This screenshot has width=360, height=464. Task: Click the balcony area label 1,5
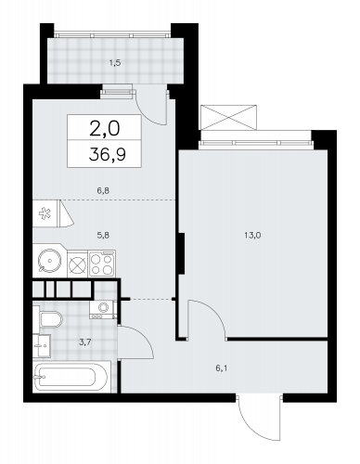coord(114,63)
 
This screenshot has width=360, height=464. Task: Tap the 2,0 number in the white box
coord(104,128)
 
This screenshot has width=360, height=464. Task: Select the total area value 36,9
coord(107,154)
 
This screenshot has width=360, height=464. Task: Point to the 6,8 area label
coord(103,191)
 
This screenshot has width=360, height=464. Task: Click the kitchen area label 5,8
coord(103,235)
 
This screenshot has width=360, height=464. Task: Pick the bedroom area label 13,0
coord(252,235)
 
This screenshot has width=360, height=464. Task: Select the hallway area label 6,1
coord(222,368)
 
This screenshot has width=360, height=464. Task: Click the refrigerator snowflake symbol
coord(45,213)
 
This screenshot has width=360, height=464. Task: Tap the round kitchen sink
coord(49,261)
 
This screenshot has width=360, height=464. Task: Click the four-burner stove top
coord(102,264)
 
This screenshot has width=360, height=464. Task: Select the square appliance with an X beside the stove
coord(77,265)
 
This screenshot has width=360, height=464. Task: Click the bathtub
coord(71,376)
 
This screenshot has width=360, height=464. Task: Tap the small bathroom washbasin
coord(42,345)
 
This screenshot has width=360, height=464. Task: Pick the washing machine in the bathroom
coord(103,309)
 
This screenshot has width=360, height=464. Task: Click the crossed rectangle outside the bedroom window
coord(228,118)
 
